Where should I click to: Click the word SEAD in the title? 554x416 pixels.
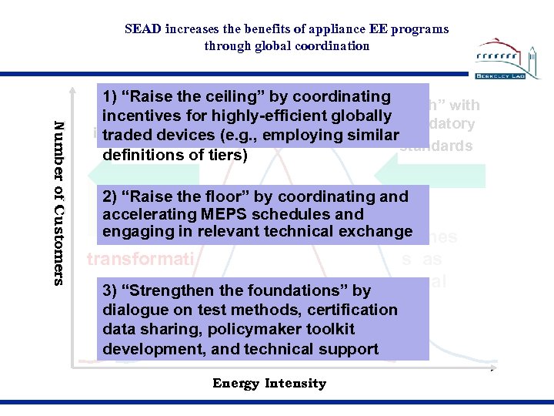[x=144, y=29]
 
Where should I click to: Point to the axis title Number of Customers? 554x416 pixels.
[x=58, y=203]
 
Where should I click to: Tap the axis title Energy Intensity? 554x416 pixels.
[x=269, y=384]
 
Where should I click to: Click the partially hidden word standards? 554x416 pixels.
[x=436, y=145]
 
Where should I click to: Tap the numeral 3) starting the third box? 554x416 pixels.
[x=111, y=291]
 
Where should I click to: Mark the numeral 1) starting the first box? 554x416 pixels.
[x=111, y=97]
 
